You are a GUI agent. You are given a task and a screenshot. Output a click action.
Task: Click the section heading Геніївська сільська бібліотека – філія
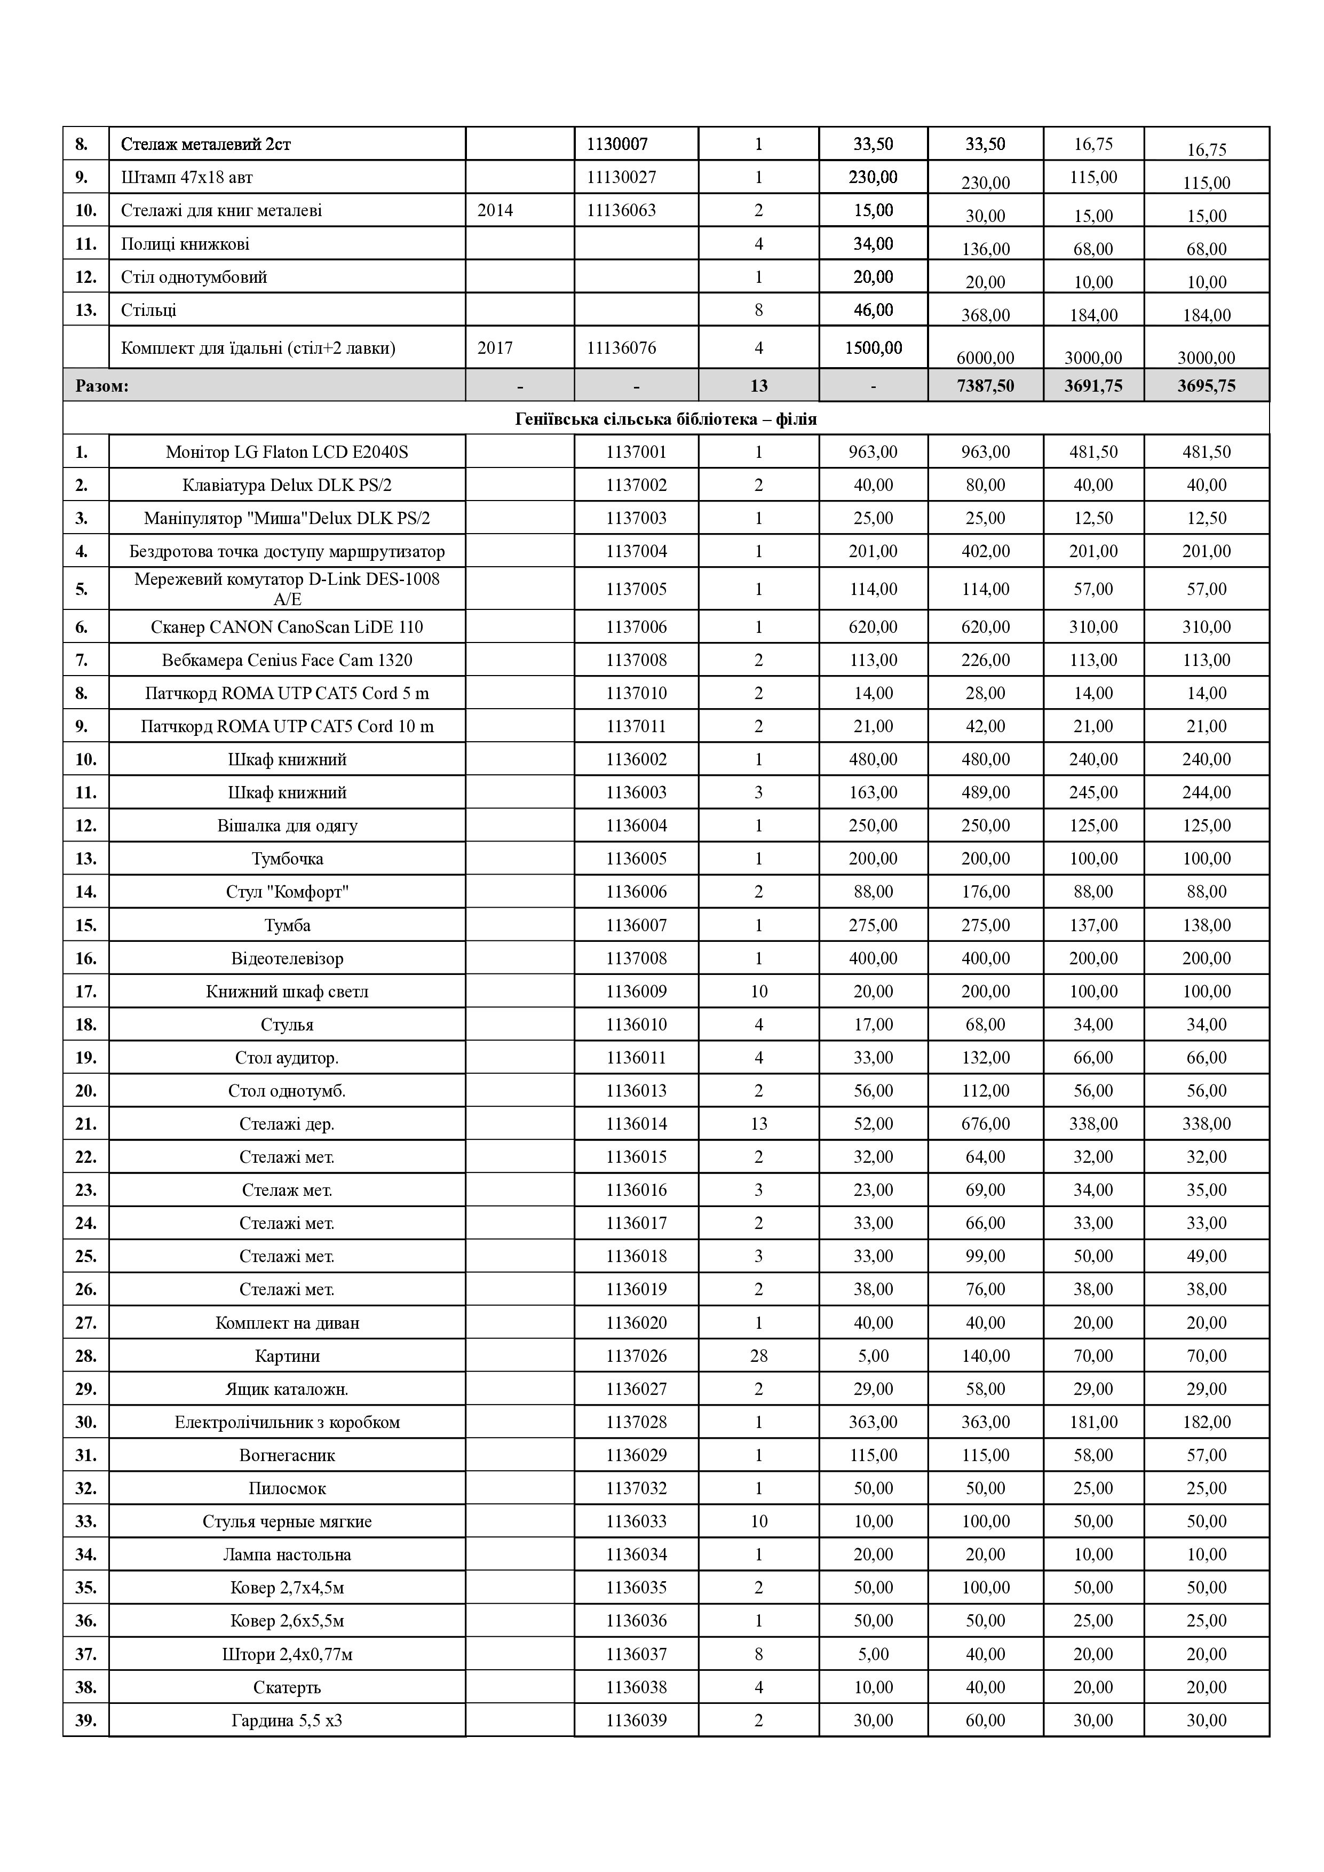[665, 419]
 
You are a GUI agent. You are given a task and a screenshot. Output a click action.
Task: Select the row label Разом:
[102, 386]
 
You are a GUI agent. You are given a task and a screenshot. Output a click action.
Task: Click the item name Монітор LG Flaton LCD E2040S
[287, 451]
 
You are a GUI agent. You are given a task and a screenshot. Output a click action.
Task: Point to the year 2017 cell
[495, 348]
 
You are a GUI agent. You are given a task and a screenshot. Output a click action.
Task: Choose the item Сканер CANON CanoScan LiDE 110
[287, 627]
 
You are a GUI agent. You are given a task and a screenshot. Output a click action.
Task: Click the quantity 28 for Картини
[758, 1356]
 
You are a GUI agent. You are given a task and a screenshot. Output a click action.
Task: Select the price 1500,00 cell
[873, 348]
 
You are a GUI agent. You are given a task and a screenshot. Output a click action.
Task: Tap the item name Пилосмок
[287, 1488]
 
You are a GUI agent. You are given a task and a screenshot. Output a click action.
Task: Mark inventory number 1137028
[636, 1422]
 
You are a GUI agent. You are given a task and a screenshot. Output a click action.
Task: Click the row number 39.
[85, 1720]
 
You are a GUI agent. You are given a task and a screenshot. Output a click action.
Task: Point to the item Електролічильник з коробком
[287, 1422]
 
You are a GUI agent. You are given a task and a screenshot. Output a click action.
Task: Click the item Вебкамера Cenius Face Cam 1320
[287, 660]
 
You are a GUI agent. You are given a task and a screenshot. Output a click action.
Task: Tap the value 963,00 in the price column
[873, 451]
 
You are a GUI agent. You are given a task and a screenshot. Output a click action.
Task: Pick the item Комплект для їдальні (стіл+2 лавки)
[258, 348]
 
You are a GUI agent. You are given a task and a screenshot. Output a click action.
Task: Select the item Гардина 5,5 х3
[287, 1720]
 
